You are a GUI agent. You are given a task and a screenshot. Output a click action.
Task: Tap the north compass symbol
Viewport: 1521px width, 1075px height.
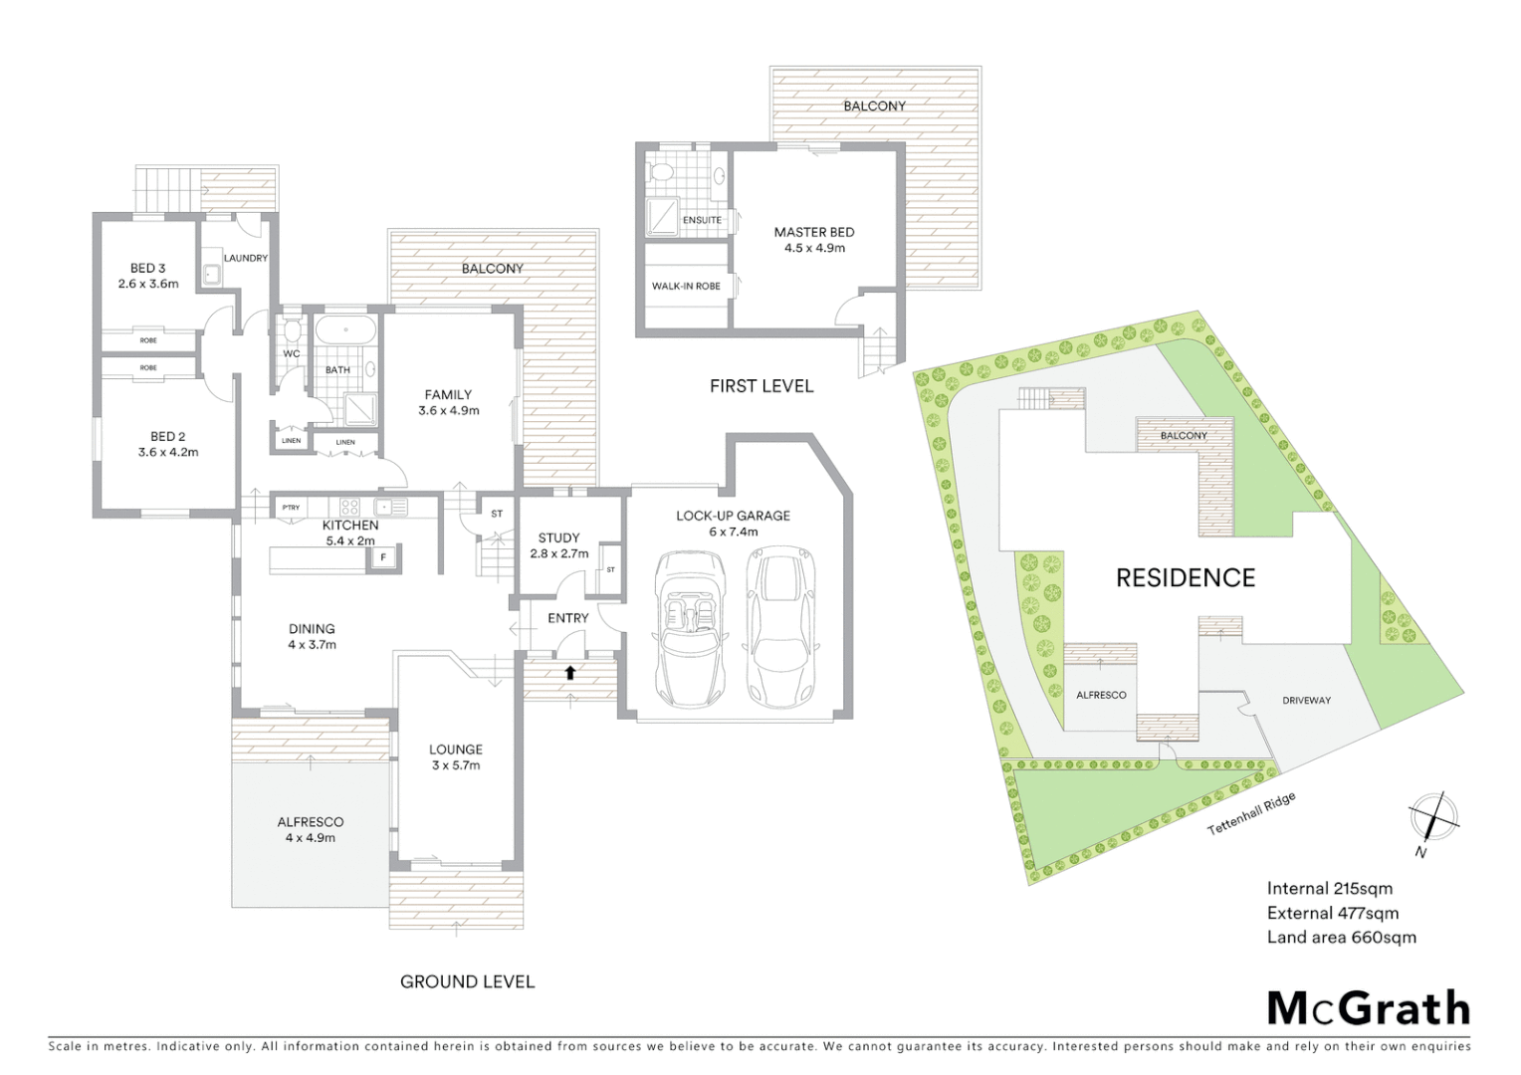pos(1433,819)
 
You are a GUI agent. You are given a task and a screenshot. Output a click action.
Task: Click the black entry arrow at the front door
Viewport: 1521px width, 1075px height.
pos(569,672)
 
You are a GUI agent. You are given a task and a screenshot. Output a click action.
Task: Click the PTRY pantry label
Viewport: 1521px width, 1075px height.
pos(291,508)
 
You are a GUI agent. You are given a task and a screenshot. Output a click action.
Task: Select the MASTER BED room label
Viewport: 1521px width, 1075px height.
pos(814,232)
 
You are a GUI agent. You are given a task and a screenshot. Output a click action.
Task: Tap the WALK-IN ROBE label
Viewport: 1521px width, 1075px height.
pos(686,287)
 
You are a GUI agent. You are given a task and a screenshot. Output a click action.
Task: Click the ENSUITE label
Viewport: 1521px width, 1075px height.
pos(702,220)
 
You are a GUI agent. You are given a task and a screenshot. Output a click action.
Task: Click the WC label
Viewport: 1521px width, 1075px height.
pos(292,353)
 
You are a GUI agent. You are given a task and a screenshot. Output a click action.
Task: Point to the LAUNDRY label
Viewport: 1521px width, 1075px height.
pos(246,258)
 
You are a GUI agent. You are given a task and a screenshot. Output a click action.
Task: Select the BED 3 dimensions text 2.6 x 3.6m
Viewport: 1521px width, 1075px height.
pos(147,284)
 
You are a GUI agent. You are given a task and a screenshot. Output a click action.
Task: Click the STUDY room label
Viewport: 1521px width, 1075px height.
pos(558,537)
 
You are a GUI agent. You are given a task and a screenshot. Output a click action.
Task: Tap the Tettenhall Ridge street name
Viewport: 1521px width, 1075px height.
pos(1251,814)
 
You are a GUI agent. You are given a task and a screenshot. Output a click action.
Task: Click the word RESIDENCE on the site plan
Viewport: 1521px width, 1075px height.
pos(1185,578)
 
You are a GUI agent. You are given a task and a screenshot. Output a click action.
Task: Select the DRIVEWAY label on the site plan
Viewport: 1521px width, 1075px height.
pos(1306,700)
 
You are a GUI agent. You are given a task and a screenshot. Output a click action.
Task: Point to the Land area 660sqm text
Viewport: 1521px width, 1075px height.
pos(1341,937)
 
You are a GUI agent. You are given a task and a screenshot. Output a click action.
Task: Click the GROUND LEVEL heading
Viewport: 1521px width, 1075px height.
pos(467,981)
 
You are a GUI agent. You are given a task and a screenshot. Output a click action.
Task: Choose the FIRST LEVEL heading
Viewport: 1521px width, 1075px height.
pos(760,386)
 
